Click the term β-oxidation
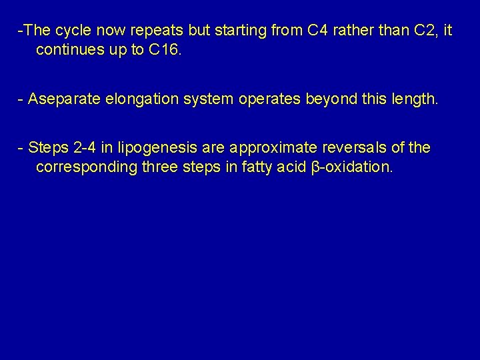pyautogui.click(x=353, y=167)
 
